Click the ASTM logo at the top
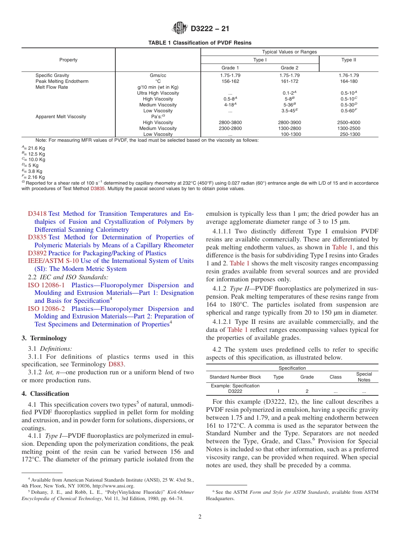[x=180, y=29]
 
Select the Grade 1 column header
[x=230, y=68]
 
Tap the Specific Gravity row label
[x=52, y=75]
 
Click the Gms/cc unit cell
[x=158, y=75]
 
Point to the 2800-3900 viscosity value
[x=289, y=122]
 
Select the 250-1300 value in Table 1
[x=350, y=134]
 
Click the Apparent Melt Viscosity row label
[x=61, y=117]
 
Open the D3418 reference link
[x=37, y=214]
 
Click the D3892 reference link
[x=37, y=253]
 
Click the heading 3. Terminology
[x=44, y=338]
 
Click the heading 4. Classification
[x=45, y=394]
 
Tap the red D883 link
[x=116, y=364]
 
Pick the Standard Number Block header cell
[x=235, y=377]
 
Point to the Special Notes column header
[x=364, y=377]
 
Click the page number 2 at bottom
[x=200, y=517]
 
